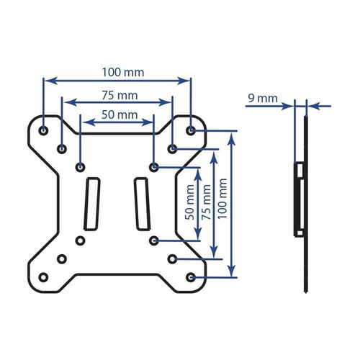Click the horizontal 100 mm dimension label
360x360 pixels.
click(x=123, y=72)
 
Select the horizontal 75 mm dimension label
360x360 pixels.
click(x=120, y=95)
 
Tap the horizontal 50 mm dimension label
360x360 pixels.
click(x=120, y=114)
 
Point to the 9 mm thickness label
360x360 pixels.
click(x=263, y=98)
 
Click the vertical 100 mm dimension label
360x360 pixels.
click(x=222, y=199)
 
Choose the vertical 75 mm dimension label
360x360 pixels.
click(x=206, y=202)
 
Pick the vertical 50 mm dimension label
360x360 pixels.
click(x=190, y=202)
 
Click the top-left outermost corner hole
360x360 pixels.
click(x=43, y=131)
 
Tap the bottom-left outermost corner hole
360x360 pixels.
click(x=43, y=277)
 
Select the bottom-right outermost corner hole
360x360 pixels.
click(x=191, y=277)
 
